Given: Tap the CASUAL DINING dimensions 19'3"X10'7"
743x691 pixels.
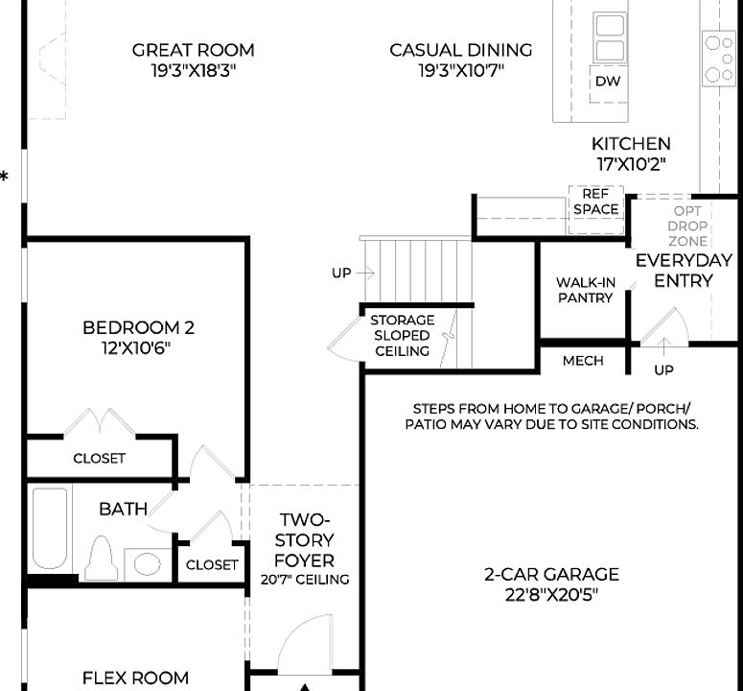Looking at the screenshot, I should pyautogui.click(x=461, y=71).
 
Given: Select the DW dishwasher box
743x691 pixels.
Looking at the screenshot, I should pyautogui.click(x=607, y=82).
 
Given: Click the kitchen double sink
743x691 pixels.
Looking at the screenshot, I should pyautogui.click(x=609, y=37).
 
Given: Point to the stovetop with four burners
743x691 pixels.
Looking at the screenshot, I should pyautogui.click(x=718, y=59).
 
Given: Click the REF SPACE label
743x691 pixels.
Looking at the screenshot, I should pyautogui.click(x=595, y=202).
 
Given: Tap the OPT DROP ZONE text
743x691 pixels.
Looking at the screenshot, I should pyautogui.click(x=687, y=226).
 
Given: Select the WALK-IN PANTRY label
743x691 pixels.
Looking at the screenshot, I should pyautogui.click(x=585, y=290).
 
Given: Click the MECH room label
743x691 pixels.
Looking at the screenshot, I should pyautogui.click(x=583, y=361).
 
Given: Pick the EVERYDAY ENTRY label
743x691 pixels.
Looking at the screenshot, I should pyautogui.click(x=684, y=270).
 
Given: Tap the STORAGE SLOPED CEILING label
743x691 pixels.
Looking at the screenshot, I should pyautogui.click(x=402, y=336).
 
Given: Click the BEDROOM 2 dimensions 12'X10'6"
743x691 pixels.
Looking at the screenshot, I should pyautogui.click(x=138, y=347).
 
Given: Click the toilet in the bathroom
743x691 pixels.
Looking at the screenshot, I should pyautogui.click(x=101, y=559).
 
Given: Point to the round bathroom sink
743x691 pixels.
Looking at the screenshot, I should pyautogui.click(x=147, y=563).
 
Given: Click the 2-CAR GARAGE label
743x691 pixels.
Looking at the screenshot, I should pyautogui.click(x=550, y=575).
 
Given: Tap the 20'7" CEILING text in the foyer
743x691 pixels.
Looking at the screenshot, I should pyautogui.click(x=304, y=580).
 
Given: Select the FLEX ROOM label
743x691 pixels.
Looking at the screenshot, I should pyautogui.click(x=135, y=678).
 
